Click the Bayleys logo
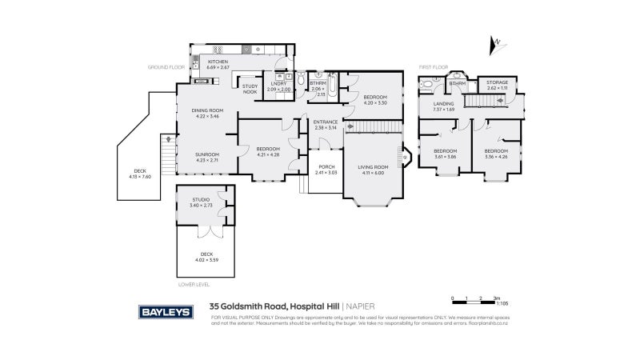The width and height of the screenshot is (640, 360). (166, 312)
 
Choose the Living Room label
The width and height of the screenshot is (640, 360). (373, 170)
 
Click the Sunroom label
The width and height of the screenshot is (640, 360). (206, 157)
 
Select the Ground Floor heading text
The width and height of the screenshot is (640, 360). (166, 67)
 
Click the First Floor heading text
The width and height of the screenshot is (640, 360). (432, 67)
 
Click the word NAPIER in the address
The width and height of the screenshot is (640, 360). (361, 306)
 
